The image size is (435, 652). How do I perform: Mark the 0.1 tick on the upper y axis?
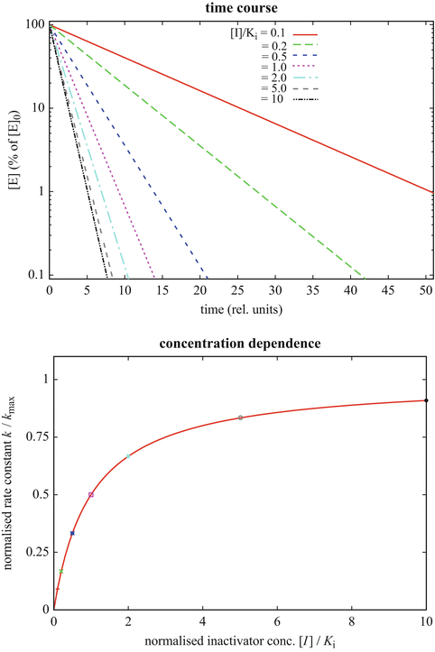(x=34, y=275)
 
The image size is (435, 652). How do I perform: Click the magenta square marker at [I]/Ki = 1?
(x=90, y=494)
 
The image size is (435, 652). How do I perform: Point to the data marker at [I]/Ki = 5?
(x=240, y=418)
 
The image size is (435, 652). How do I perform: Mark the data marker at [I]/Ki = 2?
(x=128, y=456)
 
